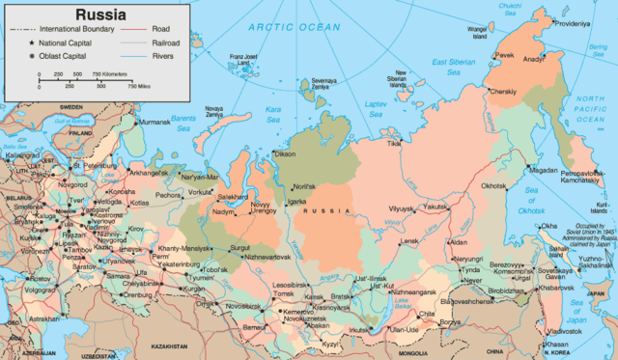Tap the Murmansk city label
tap(157, 123)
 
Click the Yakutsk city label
tap(436, 206)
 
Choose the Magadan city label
tap(544, 170)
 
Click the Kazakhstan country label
tap(169, 345)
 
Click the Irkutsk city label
tap(360, 330)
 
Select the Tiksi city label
tap(393, 143)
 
